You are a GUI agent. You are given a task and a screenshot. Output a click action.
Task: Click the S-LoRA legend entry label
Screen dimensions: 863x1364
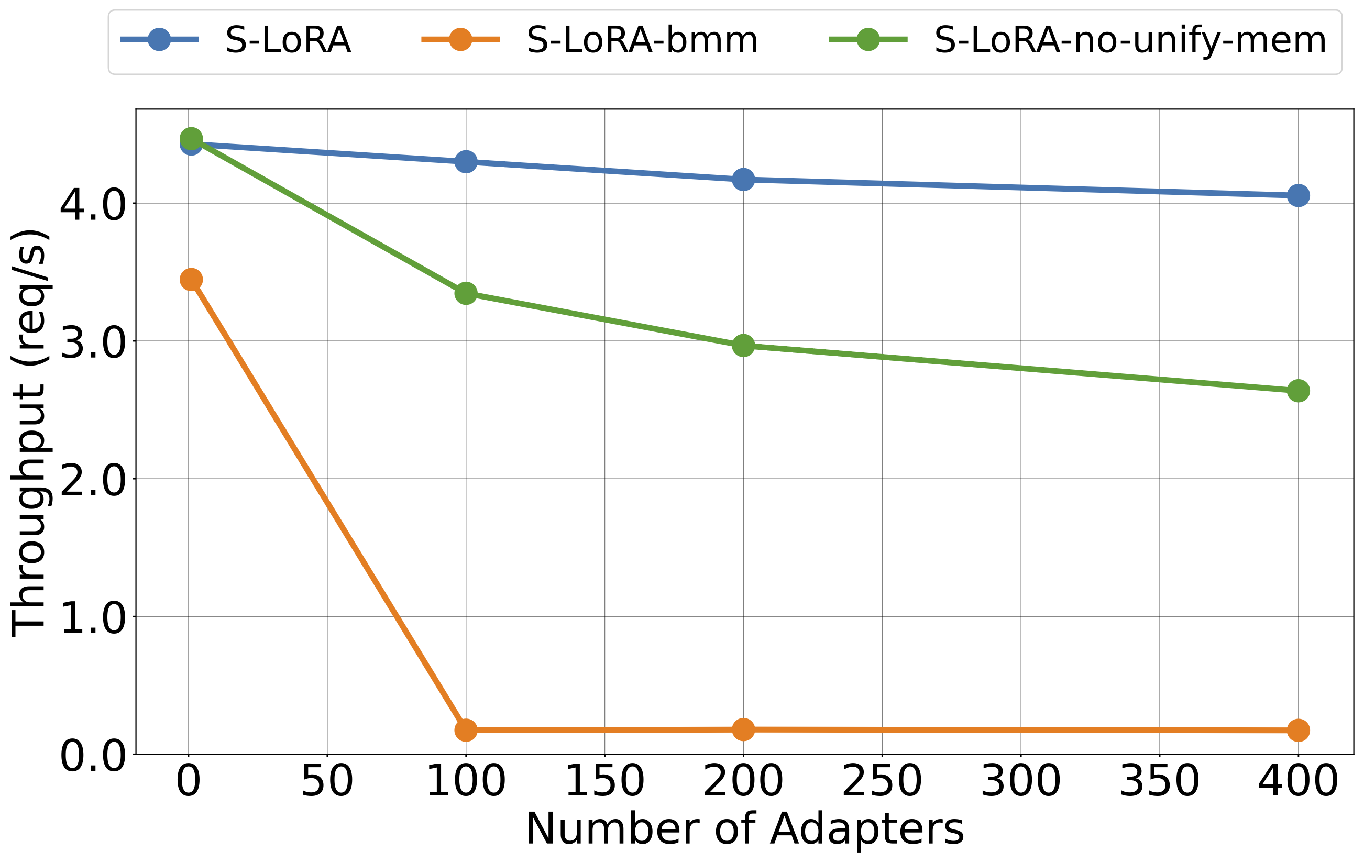click(288, 40)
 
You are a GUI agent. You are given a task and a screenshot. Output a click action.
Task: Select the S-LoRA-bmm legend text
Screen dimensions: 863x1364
click(642, 40)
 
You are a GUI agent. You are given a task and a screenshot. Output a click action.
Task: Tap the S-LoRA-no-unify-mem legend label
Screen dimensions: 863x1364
click(1130, 40)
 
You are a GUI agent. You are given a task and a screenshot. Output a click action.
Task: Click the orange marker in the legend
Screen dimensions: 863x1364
click(460, 40)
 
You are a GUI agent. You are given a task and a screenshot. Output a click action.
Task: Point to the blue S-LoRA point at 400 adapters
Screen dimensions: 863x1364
click(1297, 195)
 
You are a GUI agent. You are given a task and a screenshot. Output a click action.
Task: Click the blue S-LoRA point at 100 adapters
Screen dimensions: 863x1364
click(466, 162)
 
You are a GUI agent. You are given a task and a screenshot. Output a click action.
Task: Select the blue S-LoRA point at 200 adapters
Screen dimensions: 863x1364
click(743, 180)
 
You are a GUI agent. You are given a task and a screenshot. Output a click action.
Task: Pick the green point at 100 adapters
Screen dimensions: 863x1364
click(466, 293)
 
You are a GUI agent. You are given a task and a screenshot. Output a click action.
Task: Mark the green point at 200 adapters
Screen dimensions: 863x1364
click(743, 346)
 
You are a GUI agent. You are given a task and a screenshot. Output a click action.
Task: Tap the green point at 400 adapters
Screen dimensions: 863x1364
click(1297, 391)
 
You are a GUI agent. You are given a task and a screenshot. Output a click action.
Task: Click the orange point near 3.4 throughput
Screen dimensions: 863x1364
click(192, 280)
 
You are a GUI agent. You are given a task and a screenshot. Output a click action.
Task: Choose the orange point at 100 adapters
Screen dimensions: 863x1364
click(466, 731)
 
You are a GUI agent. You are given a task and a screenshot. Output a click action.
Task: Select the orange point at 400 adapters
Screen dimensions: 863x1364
click(1297, 731)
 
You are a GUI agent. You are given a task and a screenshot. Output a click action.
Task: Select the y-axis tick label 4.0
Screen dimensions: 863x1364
click(93, 205)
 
